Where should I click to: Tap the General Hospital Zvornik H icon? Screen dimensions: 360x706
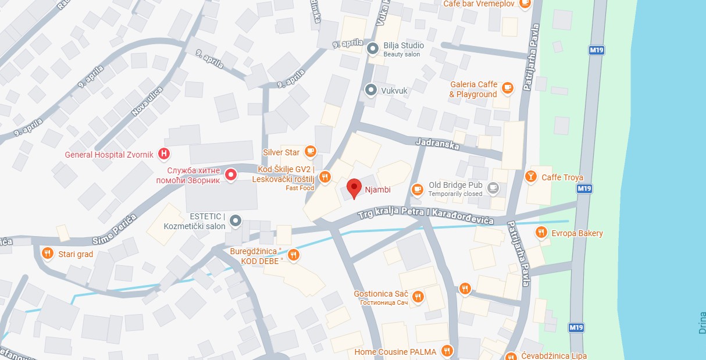(165, 154)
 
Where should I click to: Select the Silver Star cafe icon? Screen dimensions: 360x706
(311, 152)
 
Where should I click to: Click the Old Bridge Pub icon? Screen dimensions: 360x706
(493, 188)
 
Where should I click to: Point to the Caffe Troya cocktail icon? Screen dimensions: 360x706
(530, 177)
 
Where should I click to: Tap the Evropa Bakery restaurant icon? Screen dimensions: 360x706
(541, 233)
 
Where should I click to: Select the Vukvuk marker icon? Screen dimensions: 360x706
(370, 90)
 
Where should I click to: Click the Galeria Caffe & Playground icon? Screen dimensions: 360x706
(508, 88)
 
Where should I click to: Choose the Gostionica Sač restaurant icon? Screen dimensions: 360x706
(417, 297)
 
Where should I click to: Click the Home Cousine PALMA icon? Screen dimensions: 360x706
(447, 351)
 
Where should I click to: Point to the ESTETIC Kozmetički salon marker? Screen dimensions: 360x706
(235, 220)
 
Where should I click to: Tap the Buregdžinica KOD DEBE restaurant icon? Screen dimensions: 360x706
(294, 255)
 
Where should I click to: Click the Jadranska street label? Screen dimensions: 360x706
(437, 143)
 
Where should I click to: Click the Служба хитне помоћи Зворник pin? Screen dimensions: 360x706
(231, 174)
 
